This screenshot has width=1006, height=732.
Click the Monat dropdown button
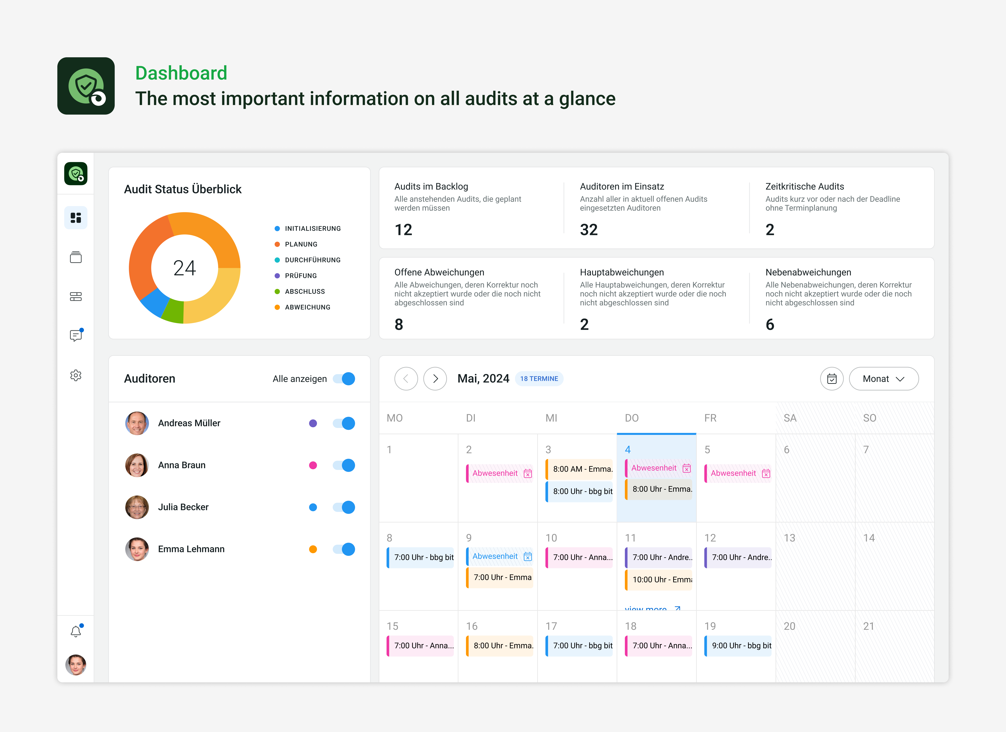[883, 379]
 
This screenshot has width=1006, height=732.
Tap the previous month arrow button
[406, 379]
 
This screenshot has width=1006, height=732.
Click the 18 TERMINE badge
[539, 379]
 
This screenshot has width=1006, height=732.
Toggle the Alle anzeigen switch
[344, 379]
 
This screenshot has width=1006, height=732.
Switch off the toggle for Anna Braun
[344, 465]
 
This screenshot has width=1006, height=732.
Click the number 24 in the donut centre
[184, 268]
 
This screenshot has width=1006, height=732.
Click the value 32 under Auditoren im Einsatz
[589, 229]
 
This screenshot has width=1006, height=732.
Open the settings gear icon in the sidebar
[76, 375]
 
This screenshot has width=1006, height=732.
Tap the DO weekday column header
[632, 418]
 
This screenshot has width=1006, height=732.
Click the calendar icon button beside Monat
[832, 379]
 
